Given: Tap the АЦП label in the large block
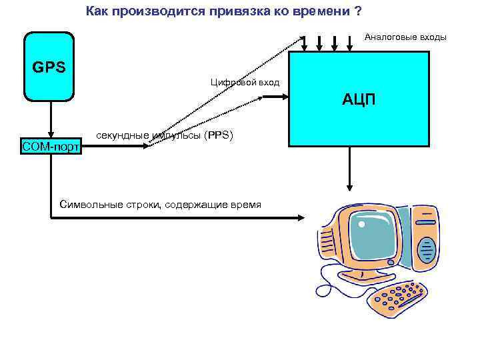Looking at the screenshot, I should (359, 100).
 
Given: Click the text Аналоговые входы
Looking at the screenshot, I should (405, 37).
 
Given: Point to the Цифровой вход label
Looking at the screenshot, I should (245, 82).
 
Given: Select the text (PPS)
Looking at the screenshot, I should (218, 135).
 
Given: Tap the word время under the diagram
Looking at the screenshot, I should (245, 203).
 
